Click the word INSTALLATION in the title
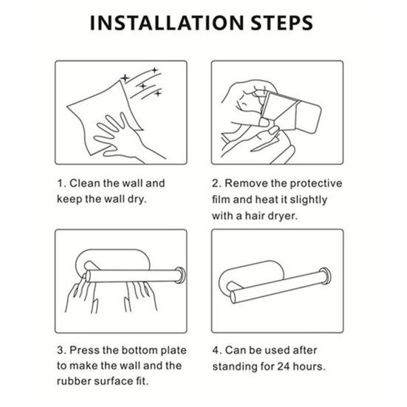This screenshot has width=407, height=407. pyautogui.click(x=167, y=23)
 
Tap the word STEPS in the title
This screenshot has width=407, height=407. pyautogui.click(x=282, y=23)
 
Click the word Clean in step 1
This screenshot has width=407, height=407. pyautogui.click(x=85, y=183)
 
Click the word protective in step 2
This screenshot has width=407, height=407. pyautogui.click(x=316, y=184)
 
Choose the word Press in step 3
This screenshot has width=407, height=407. pyautogui.click(x=85, y=350)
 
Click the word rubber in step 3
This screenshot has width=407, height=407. pyautogui.click(x=75, y=381)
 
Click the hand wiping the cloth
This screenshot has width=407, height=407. pyautogui.click(x=122, y=137)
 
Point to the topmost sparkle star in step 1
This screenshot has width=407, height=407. pyautogui.click(x=154, y=70)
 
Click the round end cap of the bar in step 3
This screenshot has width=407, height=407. pyautogui.click(x=180, y=275)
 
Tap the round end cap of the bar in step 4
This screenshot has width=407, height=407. pyautogui.click(x=325, y=276)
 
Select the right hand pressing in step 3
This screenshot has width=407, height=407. pyautogui.click(x=140, y=297)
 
